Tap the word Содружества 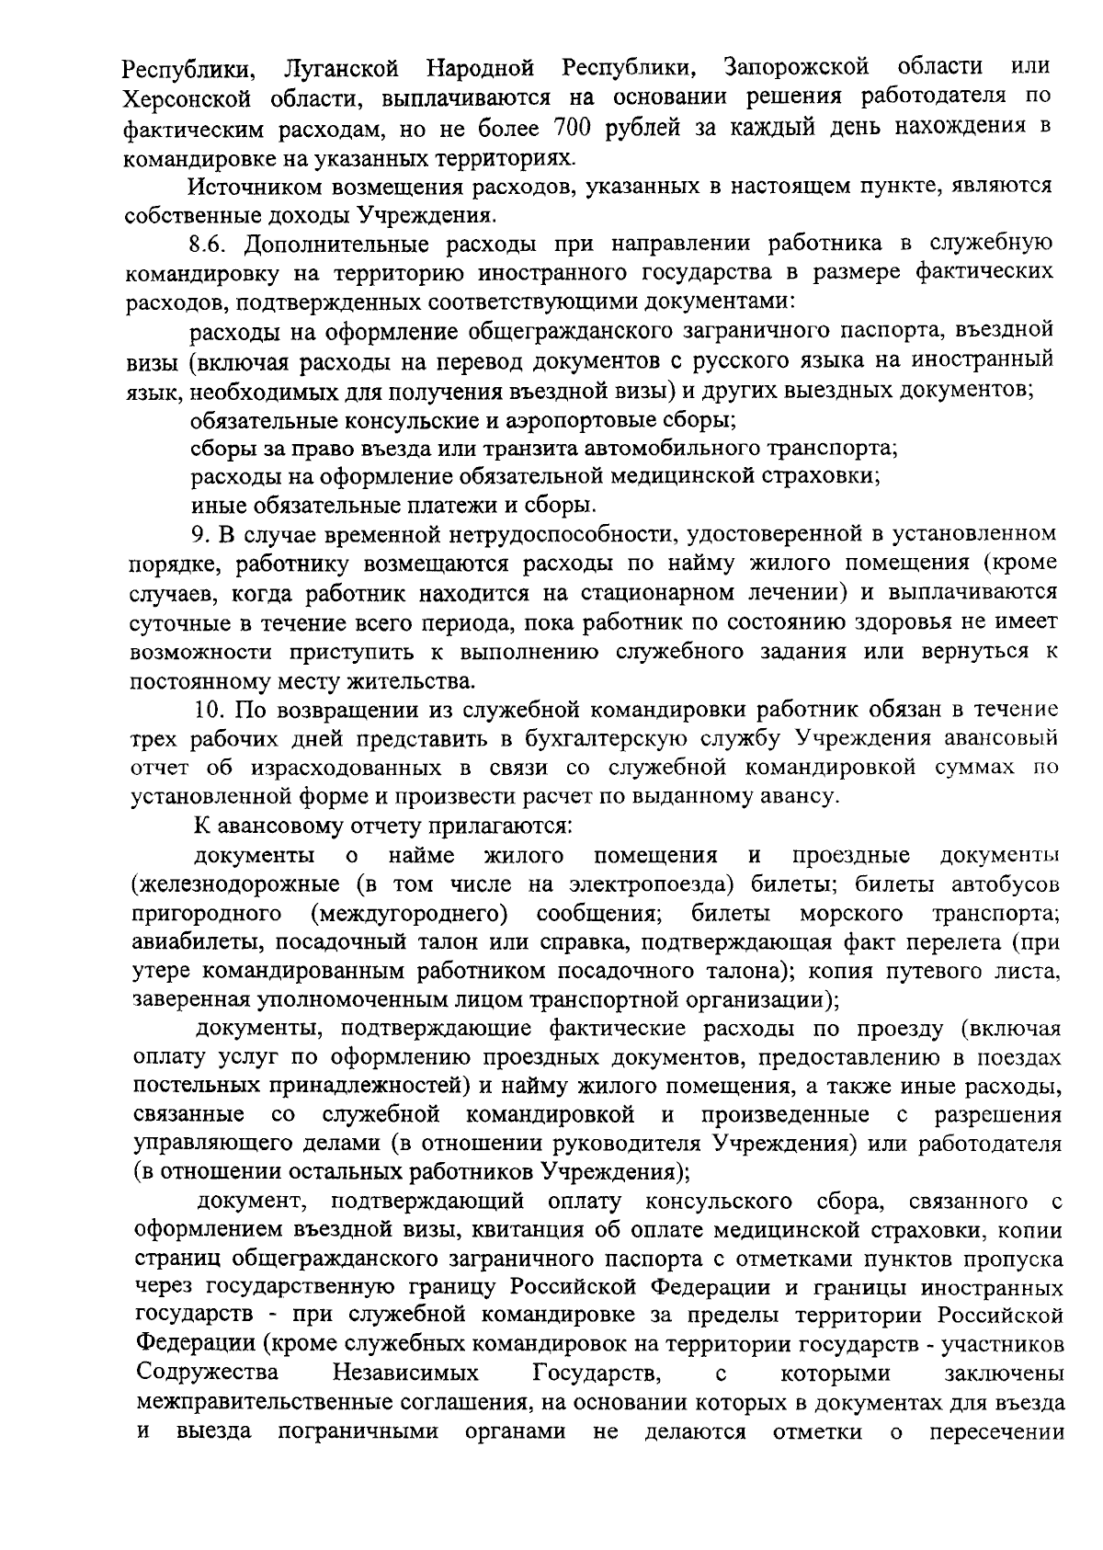(x=208, y=1373)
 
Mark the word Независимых (x=406, y=1373)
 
